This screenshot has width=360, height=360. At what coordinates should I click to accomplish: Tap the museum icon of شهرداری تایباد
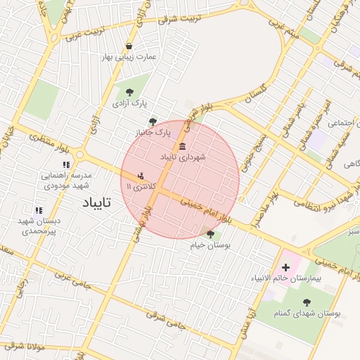pos(183,146)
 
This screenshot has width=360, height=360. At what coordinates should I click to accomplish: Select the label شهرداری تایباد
pos(183,157)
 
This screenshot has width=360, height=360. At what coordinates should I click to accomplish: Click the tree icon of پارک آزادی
pos(129,91)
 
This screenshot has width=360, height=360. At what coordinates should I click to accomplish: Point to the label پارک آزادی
pos(129,103)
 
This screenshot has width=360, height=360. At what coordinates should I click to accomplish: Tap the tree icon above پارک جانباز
pos(153,122)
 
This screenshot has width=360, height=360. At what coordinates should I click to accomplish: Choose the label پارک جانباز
pos(153,132)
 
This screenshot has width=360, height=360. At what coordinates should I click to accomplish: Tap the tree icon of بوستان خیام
pos(210,234)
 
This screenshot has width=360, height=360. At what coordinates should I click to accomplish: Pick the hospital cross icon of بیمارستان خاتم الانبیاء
pos(285,267)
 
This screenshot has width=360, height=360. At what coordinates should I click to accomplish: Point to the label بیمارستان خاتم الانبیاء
pos(286,279)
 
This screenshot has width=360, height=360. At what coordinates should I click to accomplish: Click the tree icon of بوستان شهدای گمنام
pos(307,302)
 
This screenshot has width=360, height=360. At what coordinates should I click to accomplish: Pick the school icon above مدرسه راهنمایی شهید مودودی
pos(66,165)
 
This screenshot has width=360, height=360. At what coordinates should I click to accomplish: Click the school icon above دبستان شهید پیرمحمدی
pos(39,210)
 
